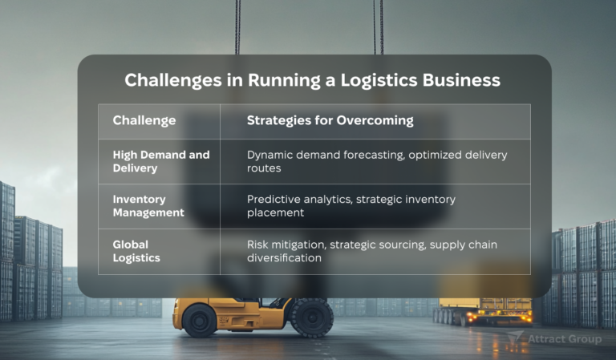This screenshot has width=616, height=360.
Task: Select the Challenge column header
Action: coord(144,121)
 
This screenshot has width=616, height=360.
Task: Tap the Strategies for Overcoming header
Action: coord(330,121)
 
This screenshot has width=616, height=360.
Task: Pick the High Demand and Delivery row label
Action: coord(160,161)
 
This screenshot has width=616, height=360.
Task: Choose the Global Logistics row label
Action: coord(137,252)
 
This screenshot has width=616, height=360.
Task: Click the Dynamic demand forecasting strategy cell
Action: coord(377,161)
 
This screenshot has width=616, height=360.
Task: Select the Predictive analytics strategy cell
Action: coord(351,206)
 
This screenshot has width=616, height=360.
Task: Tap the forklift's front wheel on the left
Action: coord(199,320)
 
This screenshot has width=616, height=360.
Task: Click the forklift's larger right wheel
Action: coord(311,318)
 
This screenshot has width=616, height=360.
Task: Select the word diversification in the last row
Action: coord(284,258)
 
